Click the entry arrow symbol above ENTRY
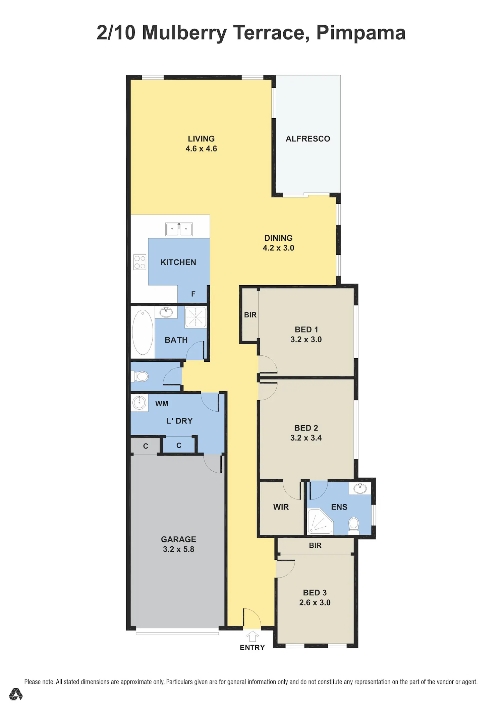(253, 636)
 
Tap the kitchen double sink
(179, 229)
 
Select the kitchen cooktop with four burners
(140, 262)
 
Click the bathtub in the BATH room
(143, 332)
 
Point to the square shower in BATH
(195, 317)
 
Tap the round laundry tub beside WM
(139, 402)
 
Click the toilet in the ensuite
(354, 526)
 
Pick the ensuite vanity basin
(360, 488)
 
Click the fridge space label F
(193, 294)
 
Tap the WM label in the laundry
(162, 404)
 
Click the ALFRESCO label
(308, 139)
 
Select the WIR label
(281, 507)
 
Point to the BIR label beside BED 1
(250, 315)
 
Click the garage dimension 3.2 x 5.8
(179, 549)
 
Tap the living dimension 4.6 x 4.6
(201, 149)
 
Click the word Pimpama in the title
(361, 33)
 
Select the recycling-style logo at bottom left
(16, 694)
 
